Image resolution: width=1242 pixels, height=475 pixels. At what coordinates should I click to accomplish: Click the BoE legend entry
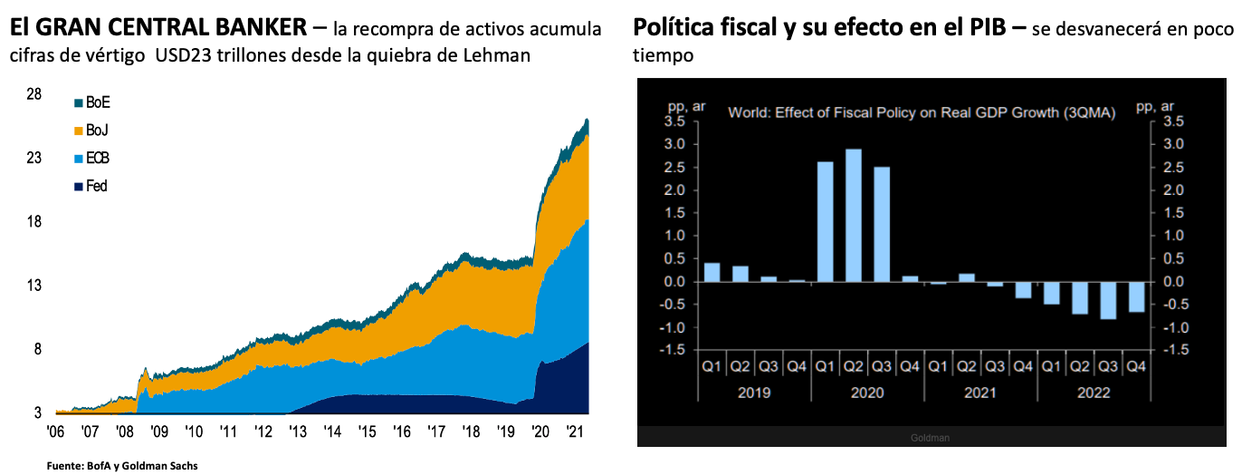pyautogui.click(x=91, y=102)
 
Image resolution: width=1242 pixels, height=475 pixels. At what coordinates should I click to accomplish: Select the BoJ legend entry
pyautogui.click(x=91, y=131)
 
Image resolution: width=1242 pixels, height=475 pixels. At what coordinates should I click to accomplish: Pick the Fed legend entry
pyautogui.click(x=91, y=186)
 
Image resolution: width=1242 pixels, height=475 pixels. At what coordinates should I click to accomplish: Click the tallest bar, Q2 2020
pyautogui.click(x=853, y=216)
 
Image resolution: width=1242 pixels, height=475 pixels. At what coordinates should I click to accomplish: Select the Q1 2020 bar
pyautogui.click(x=825, y=222)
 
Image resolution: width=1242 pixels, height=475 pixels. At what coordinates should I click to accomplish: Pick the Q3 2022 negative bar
pyautogui.click(x=1106, y=300)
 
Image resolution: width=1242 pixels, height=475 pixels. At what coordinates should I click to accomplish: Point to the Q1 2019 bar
pyautogui.click(x=712, y=272)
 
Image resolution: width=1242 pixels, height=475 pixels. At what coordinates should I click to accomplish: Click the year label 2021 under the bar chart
pyautogui.click(x=980, y=393)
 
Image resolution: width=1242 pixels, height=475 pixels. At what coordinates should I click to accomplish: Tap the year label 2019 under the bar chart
pyautogui.click(x=754, y=393)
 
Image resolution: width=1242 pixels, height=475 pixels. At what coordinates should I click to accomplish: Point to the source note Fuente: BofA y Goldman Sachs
pyautogui.click(x=121, y=466)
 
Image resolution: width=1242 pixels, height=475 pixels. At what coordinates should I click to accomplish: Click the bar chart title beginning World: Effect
pyautogui.click(x=922, y=112)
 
